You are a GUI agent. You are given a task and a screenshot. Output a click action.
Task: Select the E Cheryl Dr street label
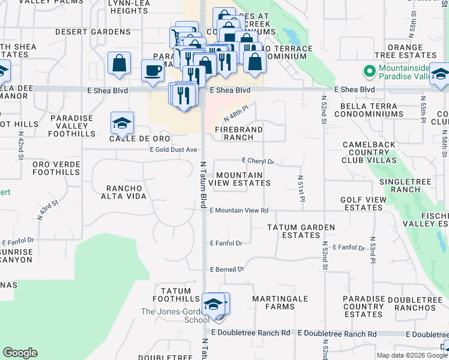[258, 161]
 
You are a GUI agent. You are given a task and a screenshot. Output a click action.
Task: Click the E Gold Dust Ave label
[173, 149]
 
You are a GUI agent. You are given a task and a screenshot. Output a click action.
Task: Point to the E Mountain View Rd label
[239, 211]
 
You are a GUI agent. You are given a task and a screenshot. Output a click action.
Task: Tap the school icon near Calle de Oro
[122, 124]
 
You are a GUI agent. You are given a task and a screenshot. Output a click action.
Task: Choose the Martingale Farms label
[280, 302]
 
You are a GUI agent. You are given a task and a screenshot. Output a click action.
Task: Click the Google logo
[20, 353]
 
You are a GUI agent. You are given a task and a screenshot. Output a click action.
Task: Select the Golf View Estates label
[361, 203]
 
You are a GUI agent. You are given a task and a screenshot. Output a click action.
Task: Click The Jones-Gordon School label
[175, 316]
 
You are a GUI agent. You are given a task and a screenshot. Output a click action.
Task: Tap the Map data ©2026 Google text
[411, 355]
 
